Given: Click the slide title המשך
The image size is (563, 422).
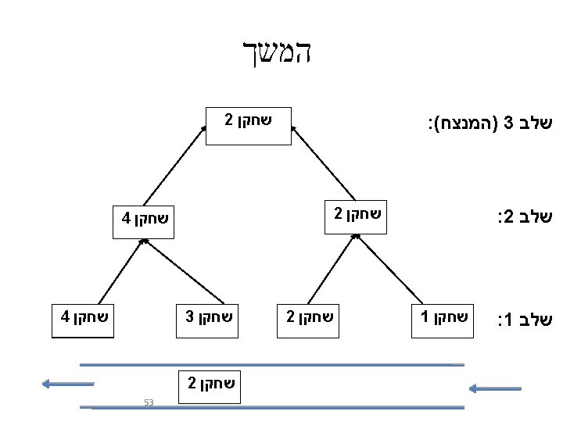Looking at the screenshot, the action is pyautogui.click(x=277, y=52).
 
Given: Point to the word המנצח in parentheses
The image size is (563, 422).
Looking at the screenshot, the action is pyautogui.click(x=466, y=123).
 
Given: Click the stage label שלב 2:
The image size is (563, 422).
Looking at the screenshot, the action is pyautogui.click(x=525, y=216).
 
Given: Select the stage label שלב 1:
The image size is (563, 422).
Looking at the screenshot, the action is pyautogui.click(x=525, y=320).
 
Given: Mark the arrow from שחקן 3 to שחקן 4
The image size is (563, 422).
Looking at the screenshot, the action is pyautogui.click(x=184, y=271).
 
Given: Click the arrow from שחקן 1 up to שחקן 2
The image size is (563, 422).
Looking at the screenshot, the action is pyautogui.click(x=389, y=269).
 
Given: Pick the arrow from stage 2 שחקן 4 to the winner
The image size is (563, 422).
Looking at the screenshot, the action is pyautogui.click(x=175, y=166).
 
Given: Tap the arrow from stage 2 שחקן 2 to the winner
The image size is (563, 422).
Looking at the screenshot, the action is pyautogui.click(x=323, y=163).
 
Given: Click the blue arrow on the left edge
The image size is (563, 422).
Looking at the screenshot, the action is pyautogui.click(x=68, y=384).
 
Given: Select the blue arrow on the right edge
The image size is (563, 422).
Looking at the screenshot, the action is pyautogui.click(x=495, y=388).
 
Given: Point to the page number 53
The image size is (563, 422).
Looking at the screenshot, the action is pyautogui.click(x=149, y=402).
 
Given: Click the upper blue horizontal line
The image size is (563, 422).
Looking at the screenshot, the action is pyautogui.click(x=272, y=365).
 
